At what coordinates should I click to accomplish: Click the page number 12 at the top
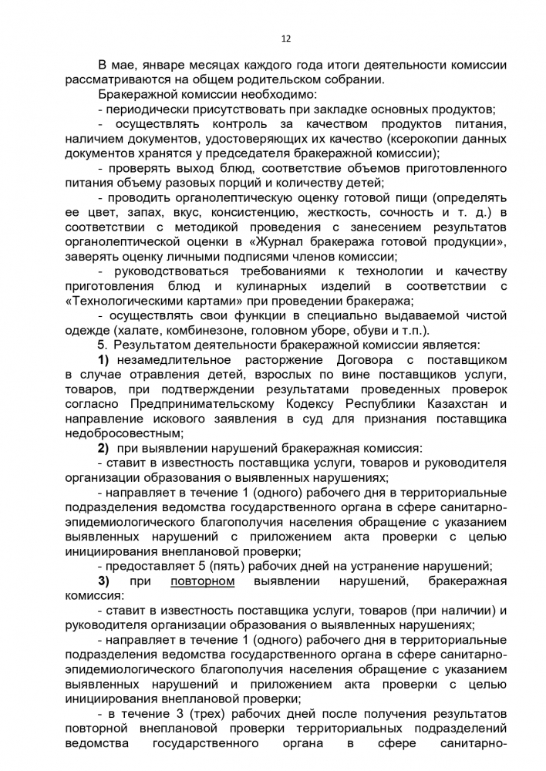(x=285, y=36)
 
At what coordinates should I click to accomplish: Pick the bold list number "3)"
(x=103, y=578)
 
